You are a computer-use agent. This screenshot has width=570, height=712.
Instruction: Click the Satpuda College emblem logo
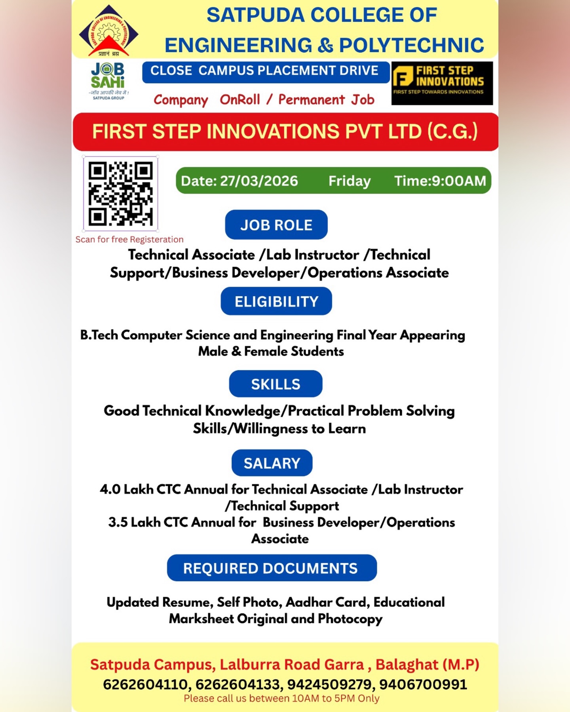click(108, 31)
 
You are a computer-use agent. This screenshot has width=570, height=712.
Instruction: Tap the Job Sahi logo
click(108, 80)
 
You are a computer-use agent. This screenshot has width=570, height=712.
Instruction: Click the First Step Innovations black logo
click(442, 83)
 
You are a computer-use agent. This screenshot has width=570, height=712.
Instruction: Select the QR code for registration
click(120, 193)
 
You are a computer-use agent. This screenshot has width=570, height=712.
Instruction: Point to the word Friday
click(349, 181)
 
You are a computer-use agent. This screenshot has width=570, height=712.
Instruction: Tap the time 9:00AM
click(459, 181)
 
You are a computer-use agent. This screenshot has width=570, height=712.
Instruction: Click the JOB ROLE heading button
click(276, 225)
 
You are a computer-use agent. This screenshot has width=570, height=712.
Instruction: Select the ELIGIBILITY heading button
click(276, 301)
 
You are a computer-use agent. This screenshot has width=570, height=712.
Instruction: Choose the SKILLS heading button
click(275, 384)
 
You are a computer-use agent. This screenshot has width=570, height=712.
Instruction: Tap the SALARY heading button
click(272, 463)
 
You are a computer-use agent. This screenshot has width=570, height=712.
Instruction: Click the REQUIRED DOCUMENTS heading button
click(272, 568)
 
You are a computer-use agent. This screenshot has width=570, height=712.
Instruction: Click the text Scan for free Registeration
click(129, 240)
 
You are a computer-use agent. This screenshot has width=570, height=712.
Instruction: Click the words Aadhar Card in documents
click(327, 602)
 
